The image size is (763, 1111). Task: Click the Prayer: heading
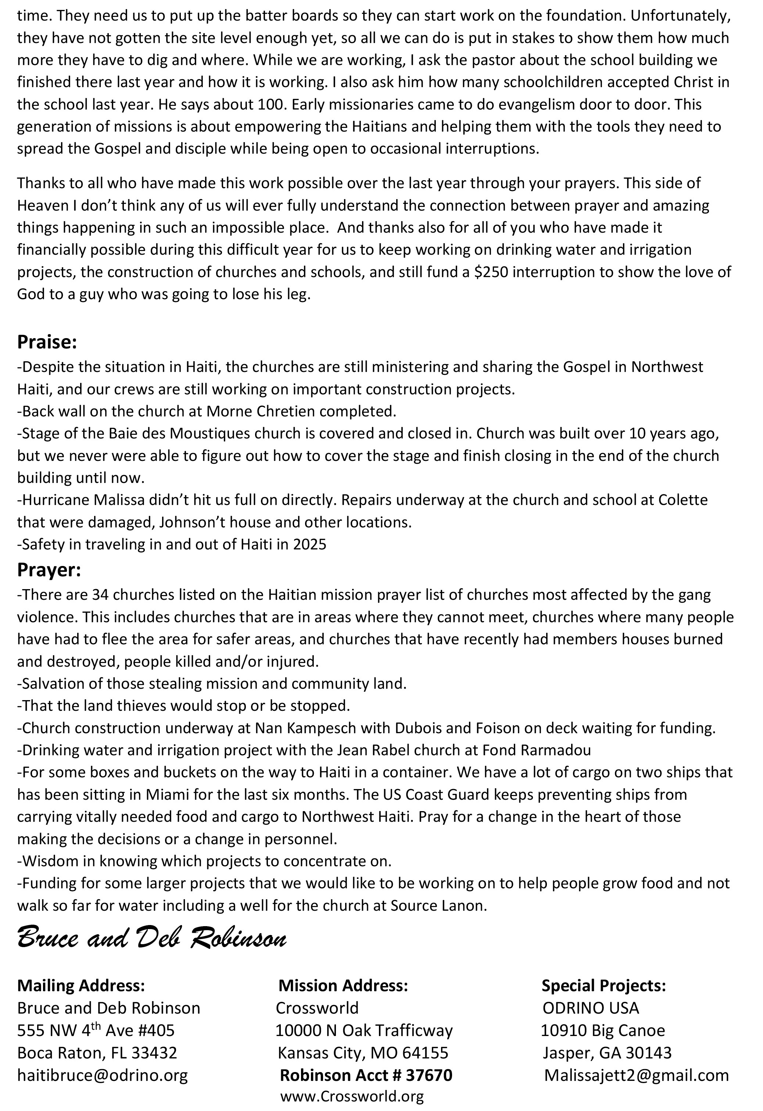click(49, 570)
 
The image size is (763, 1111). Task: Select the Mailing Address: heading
click(81, 986)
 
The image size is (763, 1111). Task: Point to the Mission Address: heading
click(343, 986)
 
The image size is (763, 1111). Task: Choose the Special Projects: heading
click(603, 986)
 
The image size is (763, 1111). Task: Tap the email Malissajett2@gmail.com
click(636, 1075)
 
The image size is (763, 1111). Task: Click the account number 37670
click(429, 1075)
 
